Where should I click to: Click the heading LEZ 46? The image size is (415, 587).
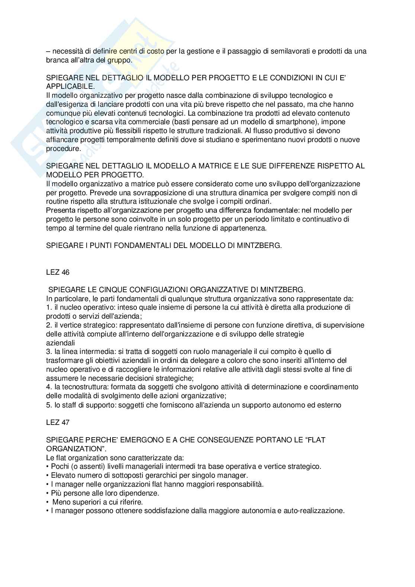[58, 272]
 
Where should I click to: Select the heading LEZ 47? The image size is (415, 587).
[58, 422]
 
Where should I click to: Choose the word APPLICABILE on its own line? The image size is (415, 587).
[69, 87]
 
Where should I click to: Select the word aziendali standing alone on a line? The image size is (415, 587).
[61, 342]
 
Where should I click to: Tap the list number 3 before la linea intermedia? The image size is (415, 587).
[48, 351]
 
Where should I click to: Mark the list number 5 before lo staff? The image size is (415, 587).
[48, 405]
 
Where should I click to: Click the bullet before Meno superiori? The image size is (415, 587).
[48, 502]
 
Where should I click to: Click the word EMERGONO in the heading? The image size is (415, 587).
[135, 440]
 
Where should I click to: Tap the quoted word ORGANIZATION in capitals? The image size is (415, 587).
[73, 449]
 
